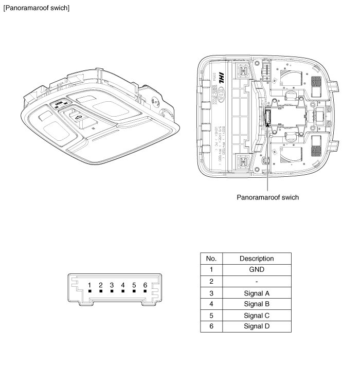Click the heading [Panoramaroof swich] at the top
(36, 8)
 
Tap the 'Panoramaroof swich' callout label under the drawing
(267, 197)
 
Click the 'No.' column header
(211, 258)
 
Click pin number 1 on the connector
(89, 285)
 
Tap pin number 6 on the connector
(146, 285)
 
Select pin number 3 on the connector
(112, 285)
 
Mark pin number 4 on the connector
(123, 285)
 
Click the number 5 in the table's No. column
(211, 315)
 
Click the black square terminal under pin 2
(101, 291)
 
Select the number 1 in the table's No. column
(211, 269)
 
